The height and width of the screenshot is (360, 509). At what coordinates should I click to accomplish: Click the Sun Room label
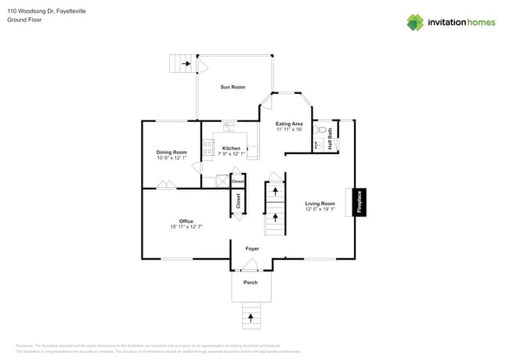tap(233, 87)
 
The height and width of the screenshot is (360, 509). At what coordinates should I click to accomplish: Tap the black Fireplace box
tap(359, 202)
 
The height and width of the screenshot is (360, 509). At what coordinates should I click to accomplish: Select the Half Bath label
tap(330, 139)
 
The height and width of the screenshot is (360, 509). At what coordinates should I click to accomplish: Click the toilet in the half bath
tap(319, 131)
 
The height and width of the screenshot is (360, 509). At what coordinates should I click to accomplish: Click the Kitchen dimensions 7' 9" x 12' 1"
tap(231, 154)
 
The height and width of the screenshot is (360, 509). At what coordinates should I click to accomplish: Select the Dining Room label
tap(171, 152)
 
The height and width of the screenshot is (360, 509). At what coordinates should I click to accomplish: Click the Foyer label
tap(252, 249)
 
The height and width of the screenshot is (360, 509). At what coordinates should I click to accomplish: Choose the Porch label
tap(251, 283)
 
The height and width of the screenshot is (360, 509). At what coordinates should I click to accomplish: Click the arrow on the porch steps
tap(251, 318)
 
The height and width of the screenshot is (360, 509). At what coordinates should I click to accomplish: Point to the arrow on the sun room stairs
tap(186, 63)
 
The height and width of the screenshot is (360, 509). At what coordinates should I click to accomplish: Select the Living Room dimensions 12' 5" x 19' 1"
tap(319, 210)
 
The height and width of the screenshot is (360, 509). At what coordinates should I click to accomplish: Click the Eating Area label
tap(289, 124)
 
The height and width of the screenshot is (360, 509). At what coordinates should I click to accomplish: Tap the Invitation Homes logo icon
tap(415, 22)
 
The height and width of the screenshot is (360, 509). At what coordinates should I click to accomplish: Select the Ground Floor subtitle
tap(24, 20)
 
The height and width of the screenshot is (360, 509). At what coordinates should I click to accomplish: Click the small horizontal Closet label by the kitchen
tap(238, 182)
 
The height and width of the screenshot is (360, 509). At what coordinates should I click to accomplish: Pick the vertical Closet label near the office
tap(239, 201)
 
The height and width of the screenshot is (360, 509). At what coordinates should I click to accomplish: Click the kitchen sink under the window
tap(229, 126)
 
